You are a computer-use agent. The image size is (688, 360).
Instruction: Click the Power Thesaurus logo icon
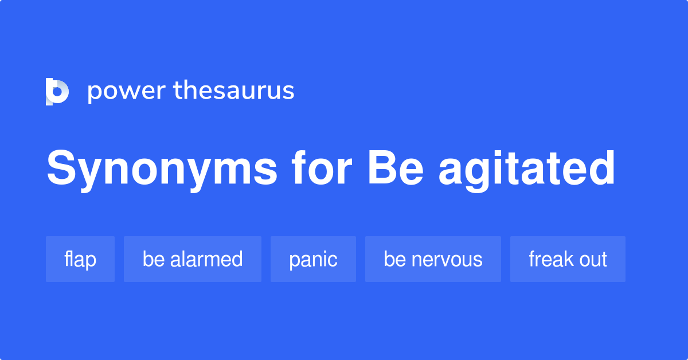[57, 91]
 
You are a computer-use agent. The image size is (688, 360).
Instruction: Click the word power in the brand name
[125, 91]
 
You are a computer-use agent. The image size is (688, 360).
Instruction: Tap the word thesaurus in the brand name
[234, 91]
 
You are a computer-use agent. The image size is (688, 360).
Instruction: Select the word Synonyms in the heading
[162, 170]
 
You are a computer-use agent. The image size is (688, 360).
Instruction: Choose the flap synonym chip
[80, 259]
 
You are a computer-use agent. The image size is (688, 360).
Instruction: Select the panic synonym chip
[313, 259]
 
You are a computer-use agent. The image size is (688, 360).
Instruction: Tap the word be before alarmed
[154, 259]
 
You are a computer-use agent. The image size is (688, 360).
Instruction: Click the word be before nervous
[395, 259]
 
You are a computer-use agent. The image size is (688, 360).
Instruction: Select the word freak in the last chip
[551, 259]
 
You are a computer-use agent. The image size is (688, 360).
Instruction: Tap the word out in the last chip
[593, 259]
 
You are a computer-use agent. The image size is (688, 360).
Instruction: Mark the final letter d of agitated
[600, 169]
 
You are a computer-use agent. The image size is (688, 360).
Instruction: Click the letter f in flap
[67, 259]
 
